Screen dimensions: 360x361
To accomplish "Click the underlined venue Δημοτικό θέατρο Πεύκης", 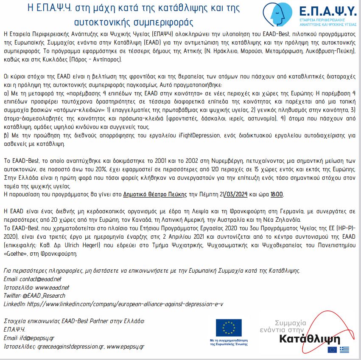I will coord(155,194).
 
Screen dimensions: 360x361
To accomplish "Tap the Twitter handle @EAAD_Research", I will coord(44,296).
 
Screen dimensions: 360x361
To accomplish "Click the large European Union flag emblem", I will coord(229,327).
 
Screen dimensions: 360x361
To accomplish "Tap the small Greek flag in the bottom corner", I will coord(344,349).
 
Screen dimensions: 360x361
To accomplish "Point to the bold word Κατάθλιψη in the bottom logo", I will coord(310,339).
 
